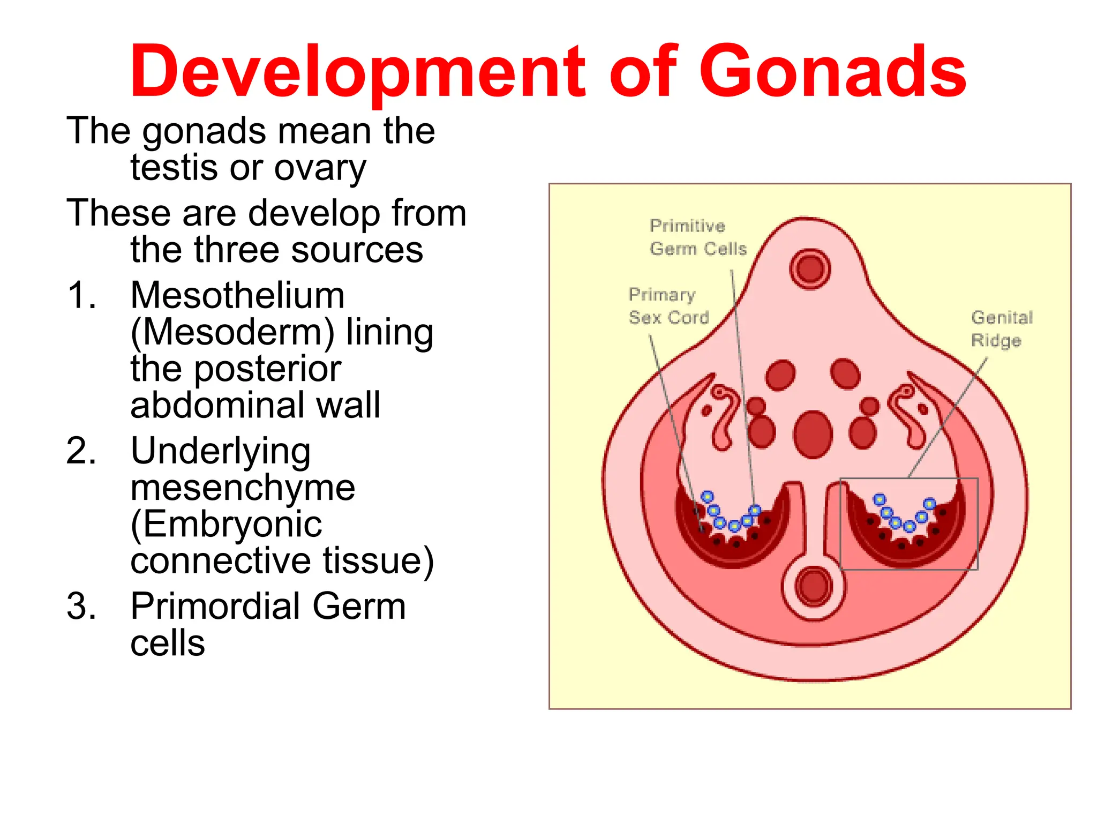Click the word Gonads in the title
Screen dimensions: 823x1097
point(833,72)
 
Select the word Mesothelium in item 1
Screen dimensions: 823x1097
point(237,295)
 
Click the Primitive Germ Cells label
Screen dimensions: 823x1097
point(697,237)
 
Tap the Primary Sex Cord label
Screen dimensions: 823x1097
point(668,306)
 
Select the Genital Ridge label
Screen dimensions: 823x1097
point(1001,329)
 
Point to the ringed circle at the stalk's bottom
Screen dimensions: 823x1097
point(813,586)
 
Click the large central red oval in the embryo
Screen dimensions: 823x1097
point(813,435)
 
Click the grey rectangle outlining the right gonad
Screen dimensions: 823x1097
point(978,525)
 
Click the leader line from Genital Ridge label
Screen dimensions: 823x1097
point(948,418)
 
